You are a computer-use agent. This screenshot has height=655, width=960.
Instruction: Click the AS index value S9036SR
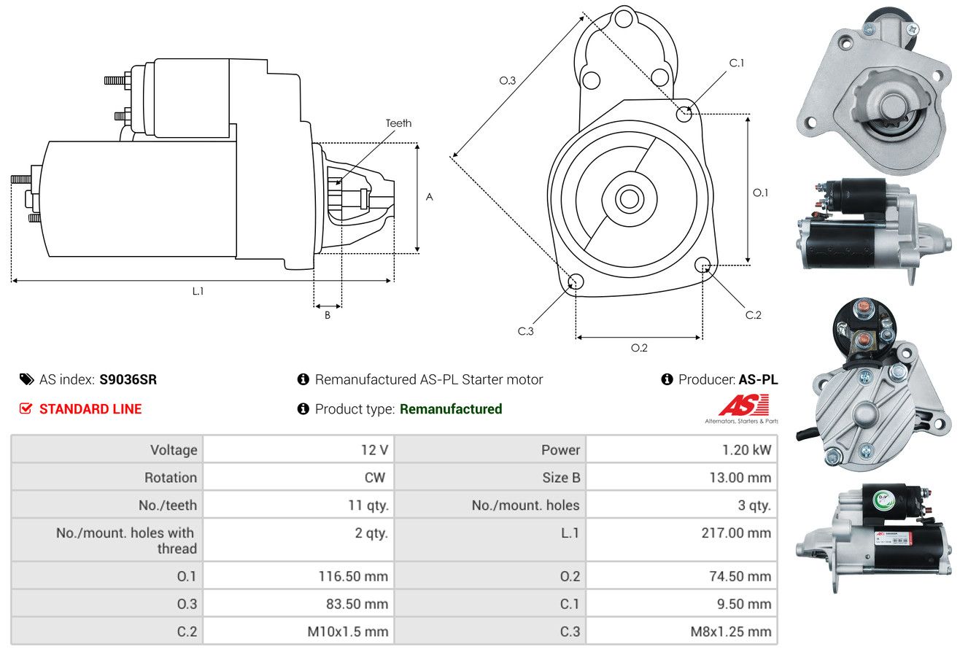[x=128, y=379]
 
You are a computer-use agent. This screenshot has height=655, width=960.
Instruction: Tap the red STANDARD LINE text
[x=90, y=409]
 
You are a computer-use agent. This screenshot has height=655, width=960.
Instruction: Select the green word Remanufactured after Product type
[x=451, y=409]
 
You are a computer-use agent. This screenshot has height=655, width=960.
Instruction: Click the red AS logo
[x=743, y=405]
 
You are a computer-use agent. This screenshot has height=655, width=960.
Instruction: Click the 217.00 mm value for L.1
[x=736, y=533]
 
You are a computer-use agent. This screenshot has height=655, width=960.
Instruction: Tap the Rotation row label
[x=171, y=478]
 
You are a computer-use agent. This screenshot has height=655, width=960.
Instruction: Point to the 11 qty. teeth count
[x=368, y=505]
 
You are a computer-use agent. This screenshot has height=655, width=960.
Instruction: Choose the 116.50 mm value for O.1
[x=353, y=576]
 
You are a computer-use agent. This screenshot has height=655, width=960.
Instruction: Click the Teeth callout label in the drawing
[x=398, y=123]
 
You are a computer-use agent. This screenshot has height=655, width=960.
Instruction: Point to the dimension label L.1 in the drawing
[x=198, y=291]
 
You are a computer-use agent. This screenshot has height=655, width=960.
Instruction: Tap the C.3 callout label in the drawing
[x=525, y=331]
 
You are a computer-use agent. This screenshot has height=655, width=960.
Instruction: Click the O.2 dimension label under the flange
[x=639, y=348]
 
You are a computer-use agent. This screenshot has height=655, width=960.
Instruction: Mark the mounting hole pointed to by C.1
[x=684, y=114]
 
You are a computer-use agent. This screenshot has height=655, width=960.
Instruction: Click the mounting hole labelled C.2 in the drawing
[x=702, y=265]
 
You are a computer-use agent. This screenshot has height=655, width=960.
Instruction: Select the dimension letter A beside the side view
[x=430, y=197]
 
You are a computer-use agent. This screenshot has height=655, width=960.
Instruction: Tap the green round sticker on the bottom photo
[x=883, y=499]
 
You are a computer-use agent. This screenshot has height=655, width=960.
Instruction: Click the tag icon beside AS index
[x=26, y=379]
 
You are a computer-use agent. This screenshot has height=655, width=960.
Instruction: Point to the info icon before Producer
[x=667, y=379]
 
